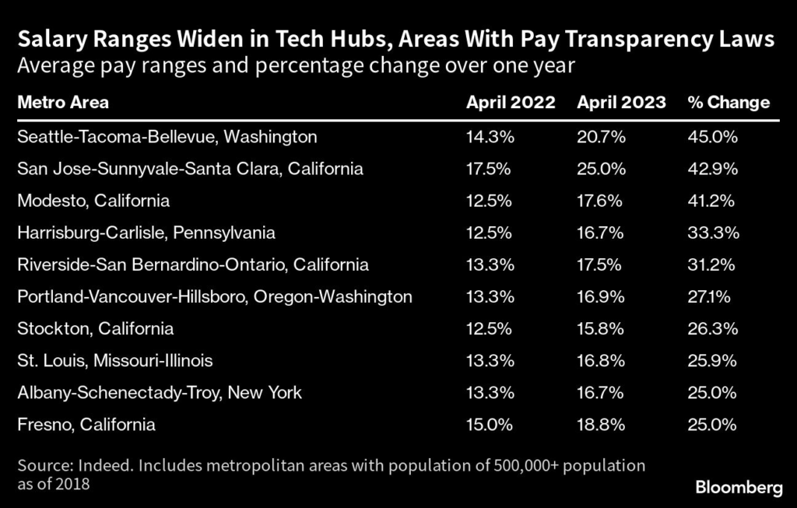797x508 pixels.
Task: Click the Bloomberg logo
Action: tap(738, 488)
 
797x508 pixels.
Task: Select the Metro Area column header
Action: tap(63, 103)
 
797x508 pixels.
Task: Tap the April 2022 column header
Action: tap(511, 103)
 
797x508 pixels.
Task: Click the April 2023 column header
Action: tap(621, 103)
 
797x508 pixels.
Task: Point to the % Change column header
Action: tap(729, 103)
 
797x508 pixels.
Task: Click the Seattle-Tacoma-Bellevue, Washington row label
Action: tap(167, 137)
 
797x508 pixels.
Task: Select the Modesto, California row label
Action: tap(93, 201)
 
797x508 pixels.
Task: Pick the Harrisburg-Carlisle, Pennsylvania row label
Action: tap(146, 233)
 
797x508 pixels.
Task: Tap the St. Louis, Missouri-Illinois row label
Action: tap(114, 361)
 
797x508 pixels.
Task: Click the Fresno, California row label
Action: tap(86, 425)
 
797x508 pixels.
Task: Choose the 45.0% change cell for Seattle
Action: tap(712, 137)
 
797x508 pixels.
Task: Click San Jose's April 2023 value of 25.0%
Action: tap(599, 169)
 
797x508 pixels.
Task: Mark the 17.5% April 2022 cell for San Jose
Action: tap(489, 169)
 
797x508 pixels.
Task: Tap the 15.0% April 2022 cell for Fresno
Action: tap(490, 425)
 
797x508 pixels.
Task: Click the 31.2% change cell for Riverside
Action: tap(711, 265)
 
